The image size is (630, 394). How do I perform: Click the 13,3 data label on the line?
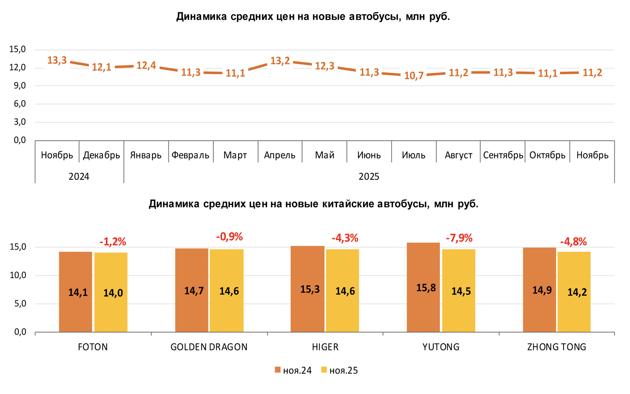pos(57,60)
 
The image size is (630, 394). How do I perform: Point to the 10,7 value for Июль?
pos(414,76)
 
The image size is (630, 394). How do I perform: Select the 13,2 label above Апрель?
pos(280,61)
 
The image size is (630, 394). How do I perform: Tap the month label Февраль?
pos(190,155)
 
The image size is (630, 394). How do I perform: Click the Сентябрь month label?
pos(503,155)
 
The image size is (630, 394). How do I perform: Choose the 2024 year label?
pos(79,177)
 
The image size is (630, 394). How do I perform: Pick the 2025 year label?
pos(369,177)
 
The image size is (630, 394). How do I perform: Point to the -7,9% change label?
pos(459,238)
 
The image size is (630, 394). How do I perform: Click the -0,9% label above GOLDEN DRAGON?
pos(229,237)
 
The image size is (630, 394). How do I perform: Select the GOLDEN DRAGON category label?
pos(209,347)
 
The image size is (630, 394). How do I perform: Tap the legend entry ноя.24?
pos(293,371)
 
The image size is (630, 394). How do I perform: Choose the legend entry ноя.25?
pos(340,371)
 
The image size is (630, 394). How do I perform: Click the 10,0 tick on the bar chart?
pos(18,275)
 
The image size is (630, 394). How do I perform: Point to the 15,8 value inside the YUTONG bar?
pos(426,288)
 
